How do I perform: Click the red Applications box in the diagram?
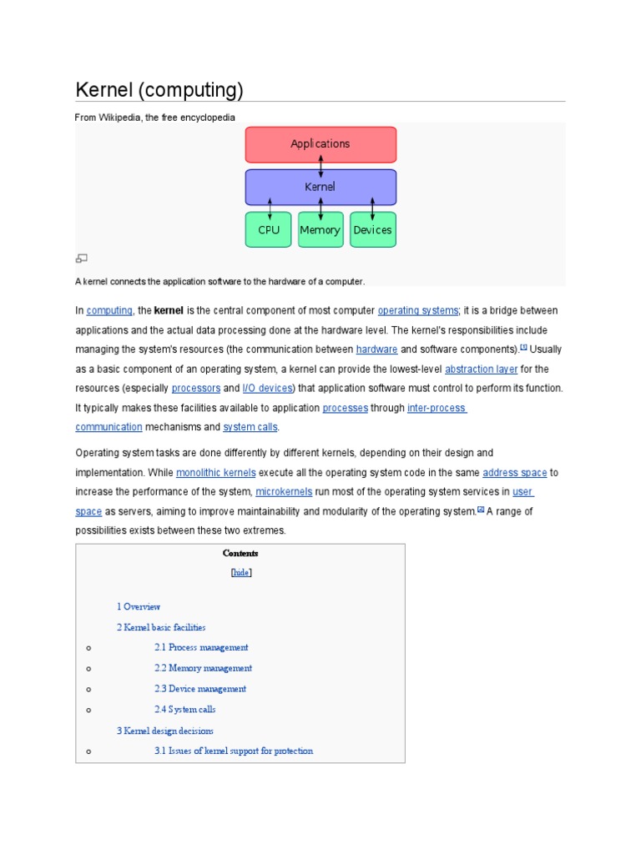tap(320, 144)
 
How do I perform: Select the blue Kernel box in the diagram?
tap(320, 187)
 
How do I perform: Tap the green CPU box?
tap(269, 229)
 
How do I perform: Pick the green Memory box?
tap(320, 229)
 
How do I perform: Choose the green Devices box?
tap(372, 229)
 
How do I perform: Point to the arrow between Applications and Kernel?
tap(320, 165)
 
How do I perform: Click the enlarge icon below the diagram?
tap(82, 259)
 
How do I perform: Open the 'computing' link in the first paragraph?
tap(109, 310)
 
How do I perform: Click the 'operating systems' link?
tap(418, 310)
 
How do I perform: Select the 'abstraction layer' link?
tap(481, 369)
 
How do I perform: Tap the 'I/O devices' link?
tap(267, 388)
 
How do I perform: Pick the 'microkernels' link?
tap(285, 492)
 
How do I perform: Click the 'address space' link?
tap(514, 472)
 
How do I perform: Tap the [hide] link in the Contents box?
tap(240, 572)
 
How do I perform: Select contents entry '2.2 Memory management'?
tap(203, 668)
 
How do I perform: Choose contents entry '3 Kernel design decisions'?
tap(165, 731)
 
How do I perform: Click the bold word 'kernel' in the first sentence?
tap(169, 310)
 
